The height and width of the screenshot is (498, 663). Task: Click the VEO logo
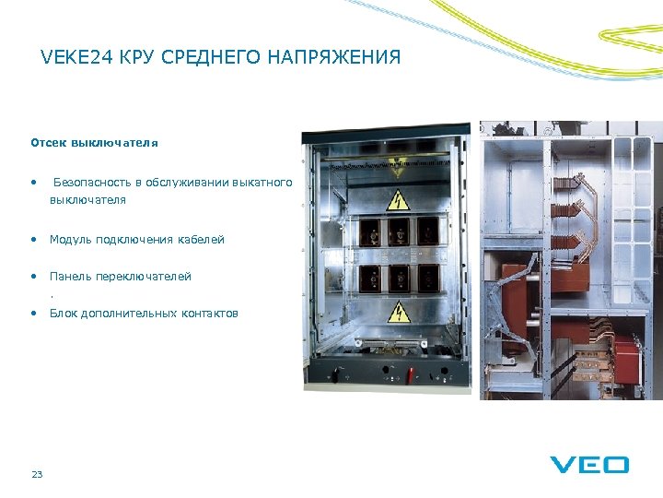click(589, 464)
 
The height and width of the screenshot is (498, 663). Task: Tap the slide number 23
click(37, 474)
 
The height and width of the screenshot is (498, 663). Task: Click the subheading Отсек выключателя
click(94, 143)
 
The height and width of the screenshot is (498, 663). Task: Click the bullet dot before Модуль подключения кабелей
click(33, 240)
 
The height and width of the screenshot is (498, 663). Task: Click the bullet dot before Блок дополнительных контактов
click(33, 314)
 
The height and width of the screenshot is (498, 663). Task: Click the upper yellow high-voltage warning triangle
click(399, 198)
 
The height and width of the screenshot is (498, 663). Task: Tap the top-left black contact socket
click(370, 231)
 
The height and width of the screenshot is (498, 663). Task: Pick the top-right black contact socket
click(428, 231)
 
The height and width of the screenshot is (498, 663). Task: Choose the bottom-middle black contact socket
click(399, 277)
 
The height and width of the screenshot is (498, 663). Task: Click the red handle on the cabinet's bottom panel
click(412, 374)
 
